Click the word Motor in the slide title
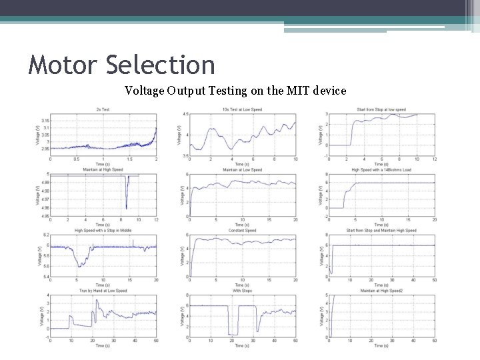[x=64, y=65]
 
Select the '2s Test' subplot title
[x=103, y=109]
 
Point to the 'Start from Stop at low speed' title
[x=381, y=109]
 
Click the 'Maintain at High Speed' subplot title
[x=103, y=170]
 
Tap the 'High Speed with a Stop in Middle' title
[x=103, y=231]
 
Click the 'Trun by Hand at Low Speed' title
[x=103, y=291]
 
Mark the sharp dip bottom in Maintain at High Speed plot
[x=126, y=208]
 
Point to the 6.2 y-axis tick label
[x=45, y=235]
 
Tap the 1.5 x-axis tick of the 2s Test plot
[x=129, y=160]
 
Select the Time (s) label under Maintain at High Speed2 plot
[x=381, y=346]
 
